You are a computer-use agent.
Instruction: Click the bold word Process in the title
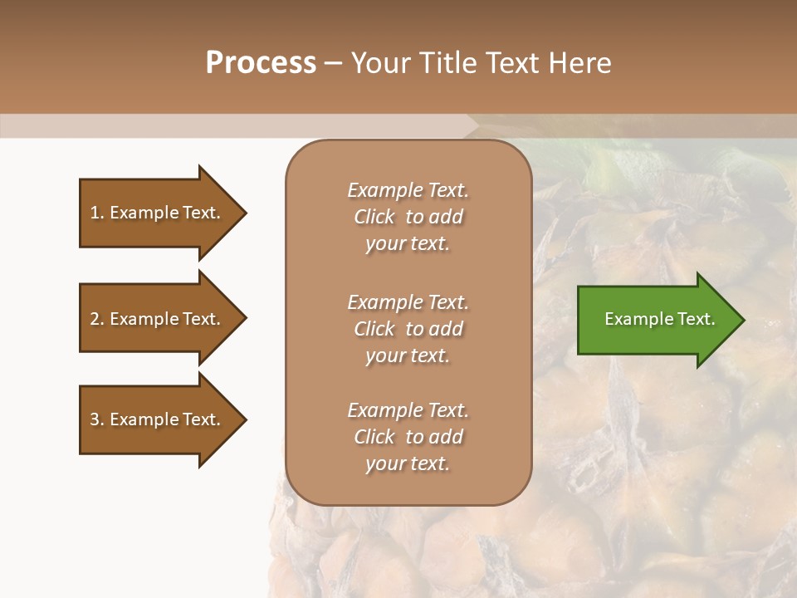[x=261, y=63]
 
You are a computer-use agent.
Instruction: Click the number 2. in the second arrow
[x=97, y=319]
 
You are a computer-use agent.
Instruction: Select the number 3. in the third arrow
[x=97, y=419]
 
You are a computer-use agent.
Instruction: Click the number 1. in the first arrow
[x=97, y=213]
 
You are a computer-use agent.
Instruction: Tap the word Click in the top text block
[x=374, y=217]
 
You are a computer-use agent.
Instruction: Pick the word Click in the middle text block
[x=374, y=329]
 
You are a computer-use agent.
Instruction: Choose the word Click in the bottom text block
[x=374, y=437]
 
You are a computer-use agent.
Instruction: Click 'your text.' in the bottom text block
[x=408, y=464]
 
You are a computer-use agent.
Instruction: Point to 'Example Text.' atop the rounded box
[x=408, y=190]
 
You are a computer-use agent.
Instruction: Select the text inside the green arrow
[x=660, y=319]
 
